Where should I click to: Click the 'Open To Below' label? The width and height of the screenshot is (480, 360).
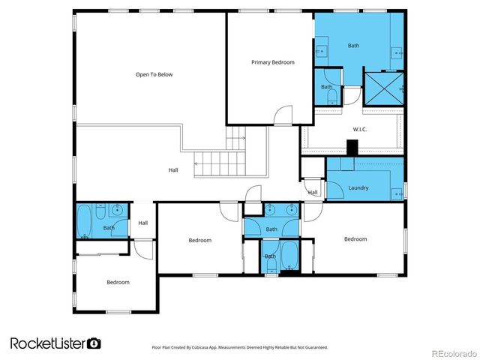154,74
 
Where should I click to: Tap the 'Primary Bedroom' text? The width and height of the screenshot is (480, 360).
272,62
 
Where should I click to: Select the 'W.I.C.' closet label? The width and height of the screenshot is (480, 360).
358,130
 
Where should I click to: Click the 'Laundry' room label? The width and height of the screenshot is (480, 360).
358,187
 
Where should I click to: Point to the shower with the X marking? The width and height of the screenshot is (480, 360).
383,89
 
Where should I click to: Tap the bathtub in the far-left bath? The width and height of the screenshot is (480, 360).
85,221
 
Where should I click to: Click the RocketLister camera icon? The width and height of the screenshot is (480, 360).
94,343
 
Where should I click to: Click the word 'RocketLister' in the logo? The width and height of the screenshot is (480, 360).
47,343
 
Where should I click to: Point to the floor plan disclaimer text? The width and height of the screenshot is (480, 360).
241,346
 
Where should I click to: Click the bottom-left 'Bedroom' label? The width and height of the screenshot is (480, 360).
118,282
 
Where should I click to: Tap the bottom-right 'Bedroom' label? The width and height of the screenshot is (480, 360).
355,239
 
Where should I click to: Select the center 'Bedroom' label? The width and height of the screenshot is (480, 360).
199,240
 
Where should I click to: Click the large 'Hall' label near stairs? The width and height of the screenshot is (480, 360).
173,170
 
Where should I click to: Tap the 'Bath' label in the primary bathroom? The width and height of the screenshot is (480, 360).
353,46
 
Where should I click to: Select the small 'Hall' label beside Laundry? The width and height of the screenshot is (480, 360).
313,193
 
